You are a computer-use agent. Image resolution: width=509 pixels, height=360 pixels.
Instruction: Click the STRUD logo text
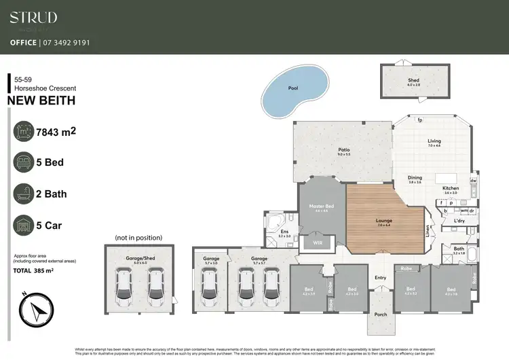click(x=33, y=18)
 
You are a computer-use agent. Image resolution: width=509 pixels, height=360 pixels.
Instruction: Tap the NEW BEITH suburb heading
click(x=41, y=101)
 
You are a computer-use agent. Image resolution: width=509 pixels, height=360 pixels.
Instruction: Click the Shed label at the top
click(x=413, y=80)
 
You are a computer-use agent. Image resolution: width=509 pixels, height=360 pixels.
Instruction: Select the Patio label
click(x=343, y=150)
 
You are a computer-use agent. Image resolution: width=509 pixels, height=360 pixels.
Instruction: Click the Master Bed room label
click(x=321, y=206)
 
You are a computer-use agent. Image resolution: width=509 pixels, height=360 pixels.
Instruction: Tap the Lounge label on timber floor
click(x=384, y=221)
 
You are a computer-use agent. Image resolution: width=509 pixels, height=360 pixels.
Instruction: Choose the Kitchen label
click(x=451, y=188)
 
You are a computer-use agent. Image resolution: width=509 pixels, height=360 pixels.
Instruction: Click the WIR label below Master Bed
click(x=318, y=241)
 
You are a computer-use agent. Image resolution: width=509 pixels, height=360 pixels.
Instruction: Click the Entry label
click(x=380, y=277)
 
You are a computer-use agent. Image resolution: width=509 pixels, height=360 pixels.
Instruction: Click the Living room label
click(x=434, y=141)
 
